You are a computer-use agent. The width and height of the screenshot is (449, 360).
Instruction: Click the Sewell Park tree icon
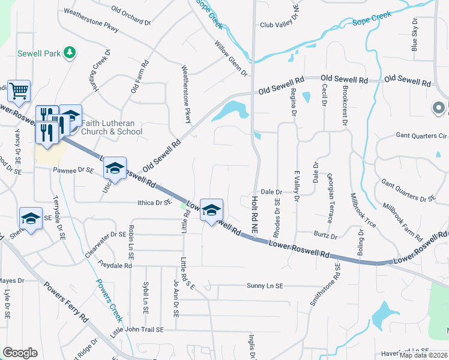[x=70, y=53]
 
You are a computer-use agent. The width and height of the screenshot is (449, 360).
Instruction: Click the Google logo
[x=20, y=353]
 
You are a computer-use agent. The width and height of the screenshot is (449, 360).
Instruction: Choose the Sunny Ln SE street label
[x=264, y=286]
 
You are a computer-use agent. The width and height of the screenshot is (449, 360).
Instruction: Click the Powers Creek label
[x=107, y=299]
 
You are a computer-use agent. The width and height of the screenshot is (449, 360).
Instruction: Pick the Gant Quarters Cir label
[x=421, y=136]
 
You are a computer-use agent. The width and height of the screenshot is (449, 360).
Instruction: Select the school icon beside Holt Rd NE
[x=211, y=211]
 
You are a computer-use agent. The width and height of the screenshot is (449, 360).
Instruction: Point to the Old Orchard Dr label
[x=130, y=16]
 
